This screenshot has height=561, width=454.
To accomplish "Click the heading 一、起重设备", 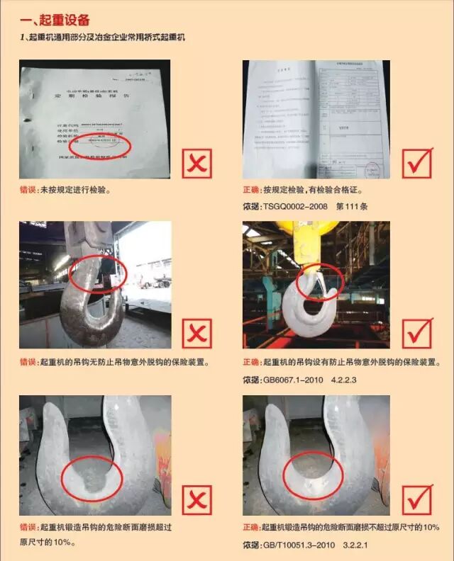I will pos(56,20).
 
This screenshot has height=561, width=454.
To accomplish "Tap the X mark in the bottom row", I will pos(196,500).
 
